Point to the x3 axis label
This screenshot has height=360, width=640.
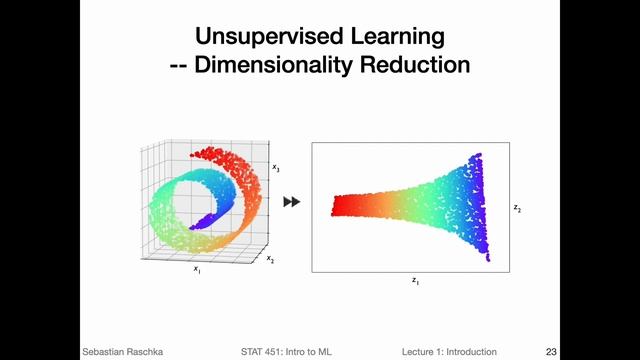click(x=276, y=169)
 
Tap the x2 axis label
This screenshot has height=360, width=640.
click(x=270, y=258)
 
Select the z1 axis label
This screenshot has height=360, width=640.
click(x=415, y=282)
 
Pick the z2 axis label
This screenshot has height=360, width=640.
click(x=517, y=208)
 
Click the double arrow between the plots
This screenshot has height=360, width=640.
click(x=292, y=202)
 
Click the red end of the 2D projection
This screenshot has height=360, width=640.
click(x=345, y=205)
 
